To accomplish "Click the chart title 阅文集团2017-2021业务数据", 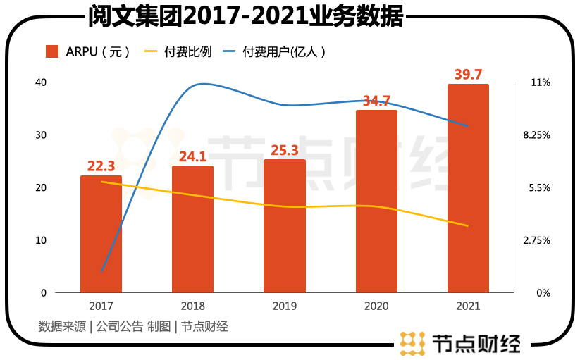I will (245, 16).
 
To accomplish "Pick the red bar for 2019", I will (285, 226).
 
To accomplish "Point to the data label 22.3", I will (101, 166).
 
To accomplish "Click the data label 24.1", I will (192, 156).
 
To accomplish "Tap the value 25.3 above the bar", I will (285, 150).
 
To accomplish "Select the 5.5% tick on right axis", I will (538, 188).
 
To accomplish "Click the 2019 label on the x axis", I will (285, 306).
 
